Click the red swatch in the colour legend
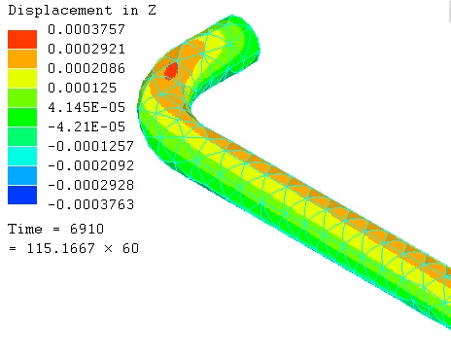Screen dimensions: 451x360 [22, 39]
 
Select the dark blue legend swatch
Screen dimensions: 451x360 [22, 195]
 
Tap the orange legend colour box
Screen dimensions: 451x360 [22, 58]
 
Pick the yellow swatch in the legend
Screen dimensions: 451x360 [22, 78]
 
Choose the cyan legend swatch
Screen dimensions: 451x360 [22, 156]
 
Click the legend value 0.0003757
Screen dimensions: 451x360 [87, 29]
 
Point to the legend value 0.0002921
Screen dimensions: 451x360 [87, 49]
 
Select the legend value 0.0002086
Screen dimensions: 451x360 [87, 68]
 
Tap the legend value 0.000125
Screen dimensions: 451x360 [82, 88]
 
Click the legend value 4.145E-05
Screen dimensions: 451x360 [87, 107]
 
